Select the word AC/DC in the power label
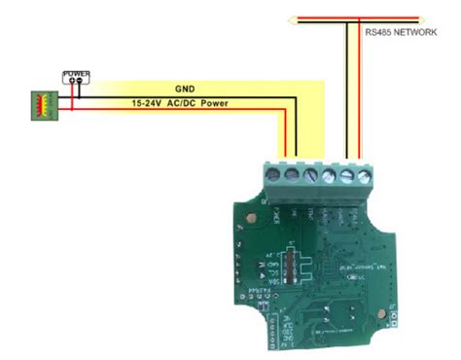[184, 101]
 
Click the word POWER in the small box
[76, 73]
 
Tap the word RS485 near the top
[378, 31]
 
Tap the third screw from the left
[310, 175]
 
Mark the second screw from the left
[292, 175]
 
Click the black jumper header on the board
[288, 263]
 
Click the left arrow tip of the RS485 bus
[292, 17]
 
